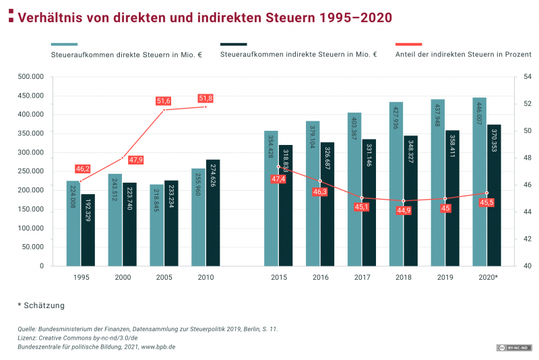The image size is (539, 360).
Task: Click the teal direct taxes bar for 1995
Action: pos(73,222)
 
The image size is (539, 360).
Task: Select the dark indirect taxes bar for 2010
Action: pos(213,212)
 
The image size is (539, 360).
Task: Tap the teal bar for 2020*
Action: pos(479,181)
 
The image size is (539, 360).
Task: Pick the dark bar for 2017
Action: pos(369,202)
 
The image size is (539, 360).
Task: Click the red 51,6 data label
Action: pos(164,101)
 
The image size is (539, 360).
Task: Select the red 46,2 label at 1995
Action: pos(83,169)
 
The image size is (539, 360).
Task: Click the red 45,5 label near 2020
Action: pos(486,202)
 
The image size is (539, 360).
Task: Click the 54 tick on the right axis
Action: pos(519,77)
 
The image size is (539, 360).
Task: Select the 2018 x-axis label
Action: pos(403,277)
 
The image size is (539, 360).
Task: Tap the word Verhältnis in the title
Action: pos(52,17)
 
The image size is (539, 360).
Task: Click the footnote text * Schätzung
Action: pos(41,305)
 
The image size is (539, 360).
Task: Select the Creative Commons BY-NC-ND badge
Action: pos(513,347)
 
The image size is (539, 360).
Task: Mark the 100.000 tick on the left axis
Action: pos(30,228)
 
